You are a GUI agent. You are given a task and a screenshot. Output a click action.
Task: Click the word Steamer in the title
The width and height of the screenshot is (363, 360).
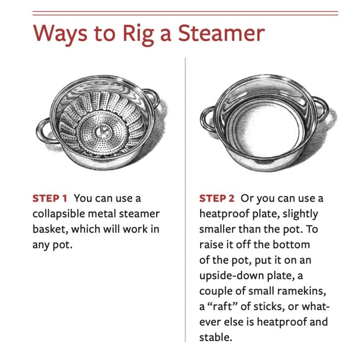click(x=221, y=33)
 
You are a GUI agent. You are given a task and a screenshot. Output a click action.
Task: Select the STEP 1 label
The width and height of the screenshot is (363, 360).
click(x=49, y=198)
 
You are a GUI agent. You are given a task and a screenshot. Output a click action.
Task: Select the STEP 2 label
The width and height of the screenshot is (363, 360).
click(x=217, y=198)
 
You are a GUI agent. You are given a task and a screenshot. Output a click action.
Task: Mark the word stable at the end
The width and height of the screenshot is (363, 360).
click(x=215, y=337)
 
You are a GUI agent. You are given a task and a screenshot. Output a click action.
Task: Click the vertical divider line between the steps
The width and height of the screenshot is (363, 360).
click(x=185, y=200)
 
